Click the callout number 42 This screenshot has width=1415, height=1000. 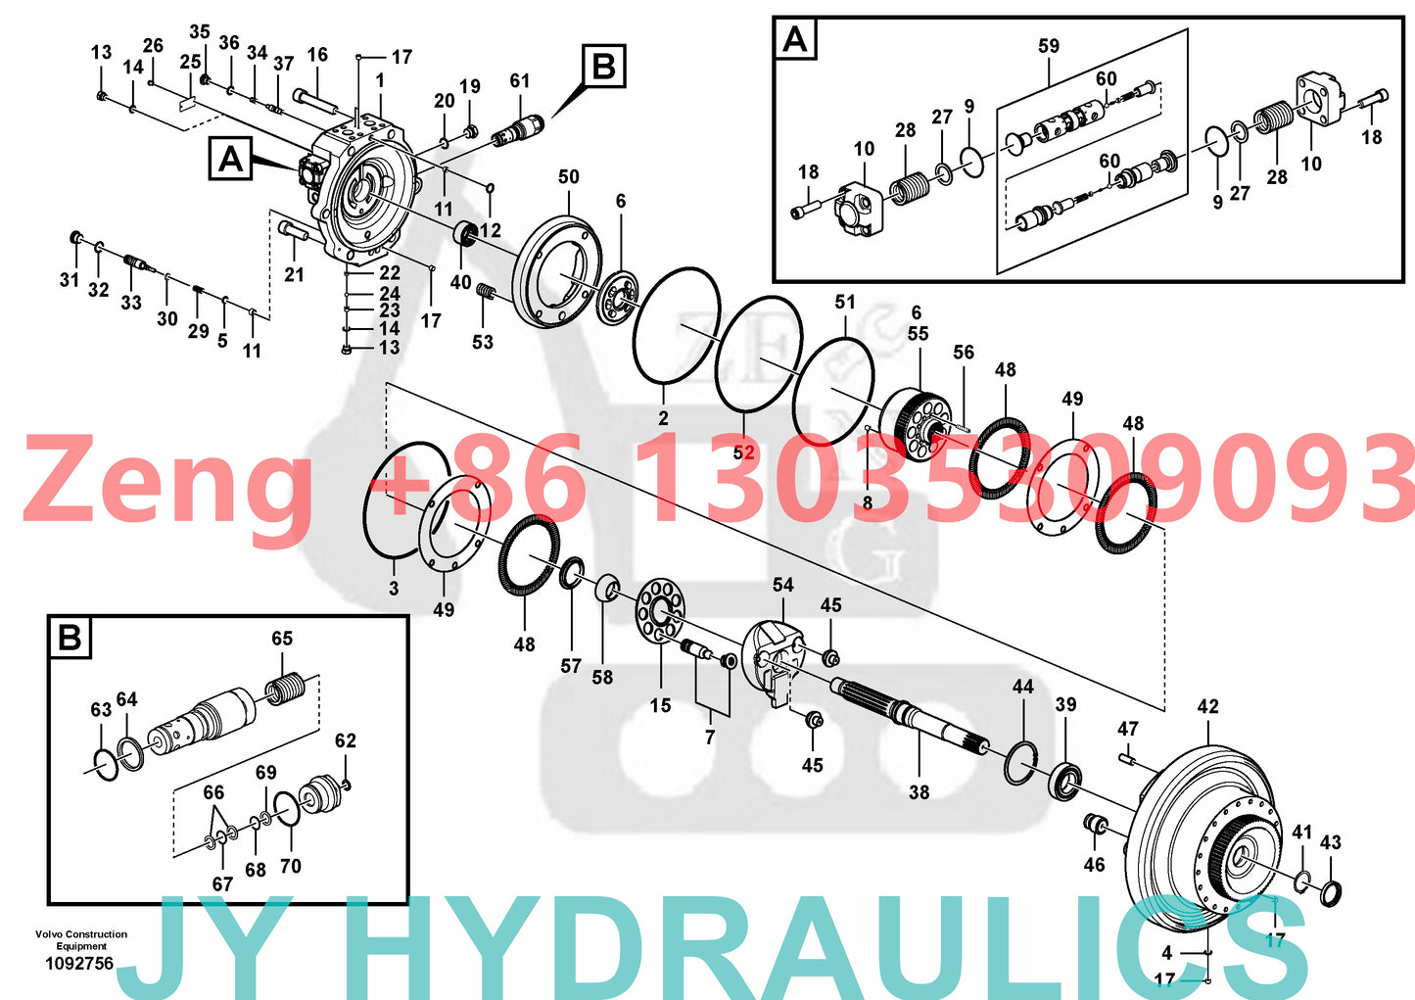tap(1207, 706)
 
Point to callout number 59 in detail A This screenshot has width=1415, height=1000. tap(1048, 46)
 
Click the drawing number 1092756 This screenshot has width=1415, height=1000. tap(79, 964)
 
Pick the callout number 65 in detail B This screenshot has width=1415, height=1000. tap(282, 639)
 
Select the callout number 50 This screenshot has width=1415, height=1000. tap(568, 177)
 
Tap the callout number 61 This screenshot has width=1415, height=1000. tap(519, 81)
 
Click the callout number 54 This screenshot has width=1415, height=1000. tap(782, 585)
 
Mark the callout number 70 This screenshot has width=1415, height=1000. tap(291, 866)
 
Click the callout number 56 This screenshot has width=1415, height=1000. tap(964, 352)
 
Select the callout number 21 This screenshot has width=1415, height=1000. tap(294, 275)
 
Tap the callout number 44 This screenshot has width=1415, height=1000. tap(1022, 687)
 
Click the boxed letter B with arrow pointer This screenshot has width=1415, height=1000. tap(603, 67)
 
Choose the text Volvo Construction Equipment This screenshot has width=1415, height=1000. tap(80, 940)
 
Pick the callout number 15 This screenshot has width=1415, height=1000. tap(660, 705)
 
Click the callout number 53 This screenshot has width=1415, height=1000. tap(483, 342)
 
